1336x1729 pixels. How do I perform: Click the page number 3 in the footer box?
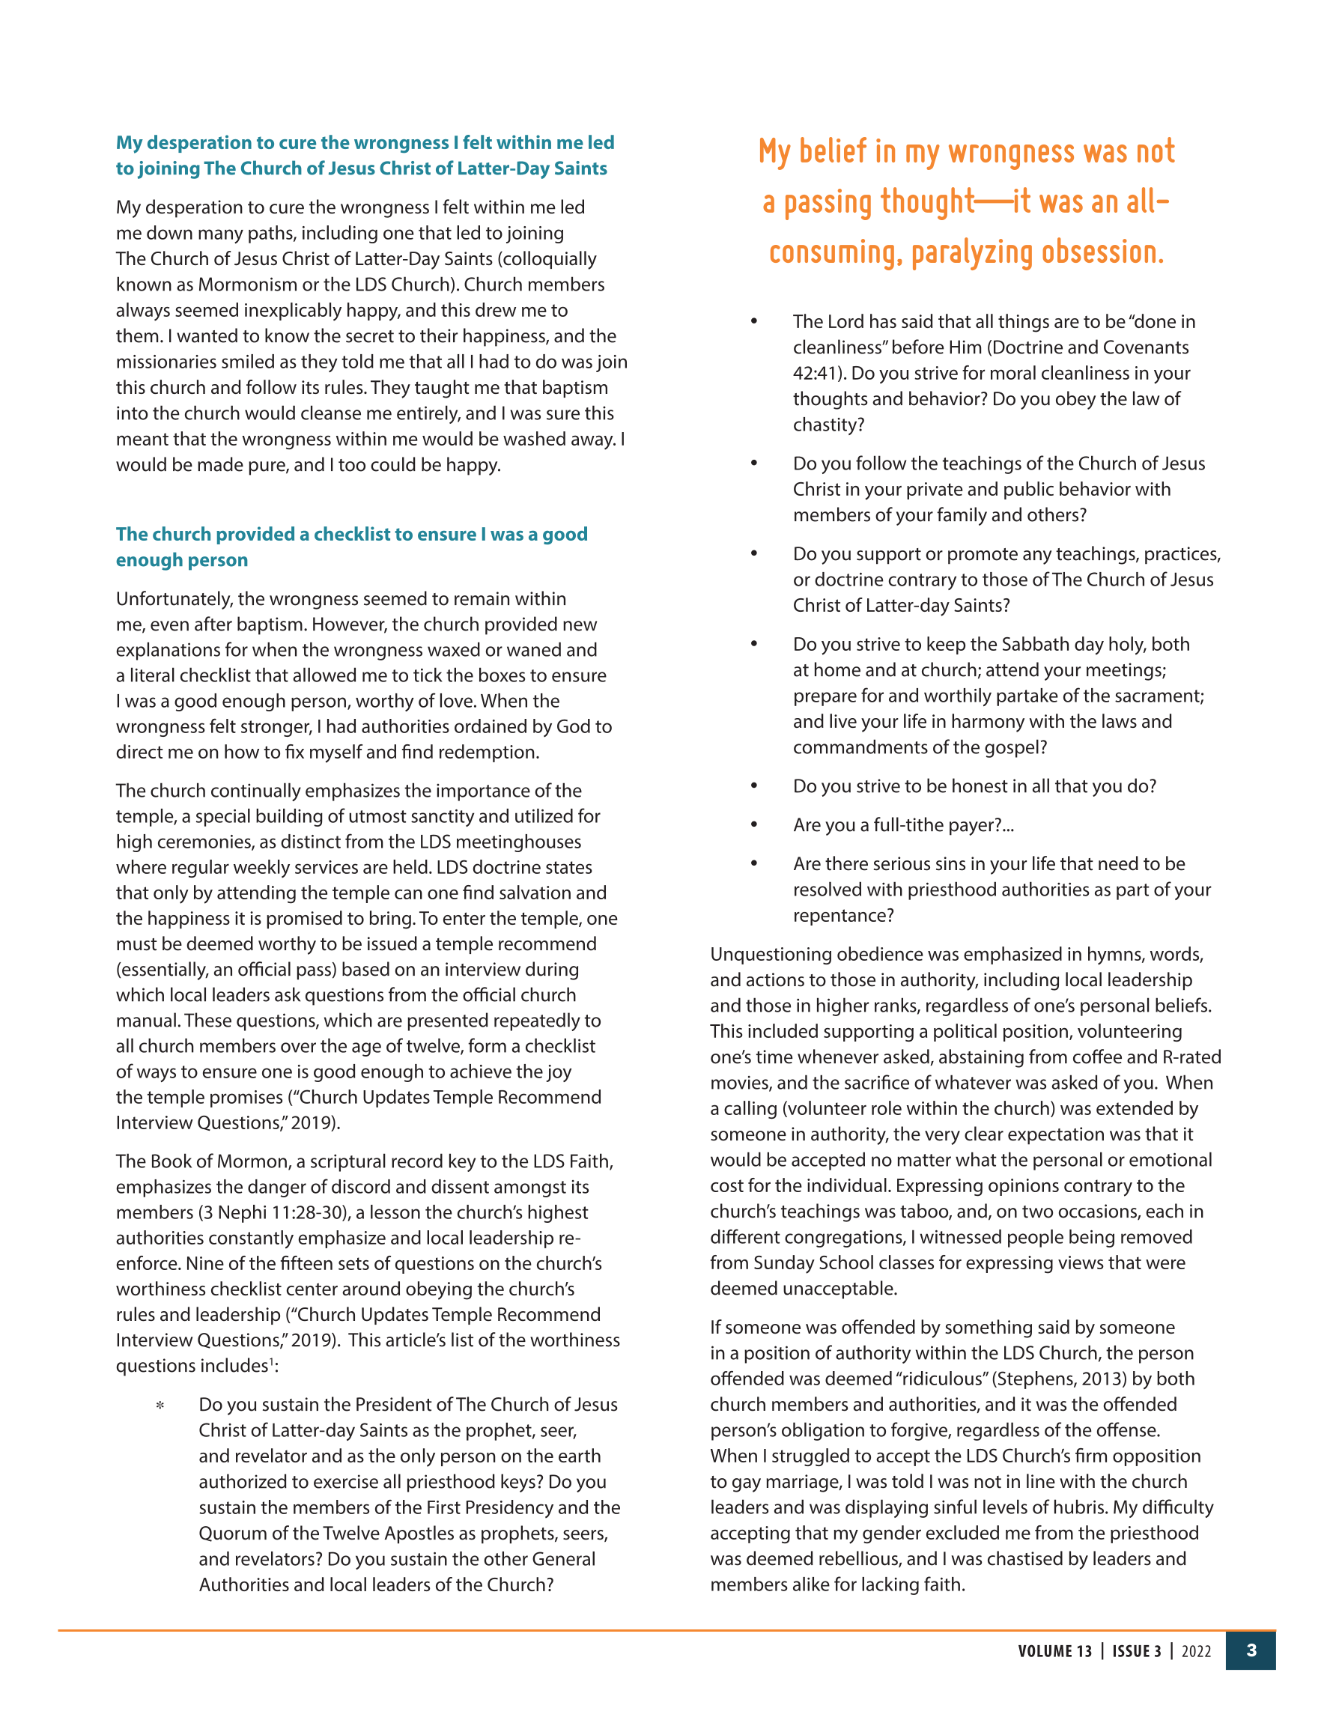(1251, 1650)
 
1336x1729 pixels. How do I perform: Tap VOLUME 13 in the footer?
(1054, 1651)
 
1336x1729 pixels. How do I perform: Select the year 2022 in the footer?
(1196, 1651)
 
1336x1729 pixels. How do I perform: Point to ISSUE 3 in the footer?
(1137, 1651)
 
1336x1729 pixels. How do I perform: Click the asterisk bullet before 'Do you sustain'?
(160, 1407)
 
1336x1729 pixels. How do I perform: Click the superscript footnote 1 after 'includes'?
(271, 1361)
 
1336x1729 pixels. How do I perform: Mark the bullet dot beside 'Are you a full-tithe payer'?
(754, 825)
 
